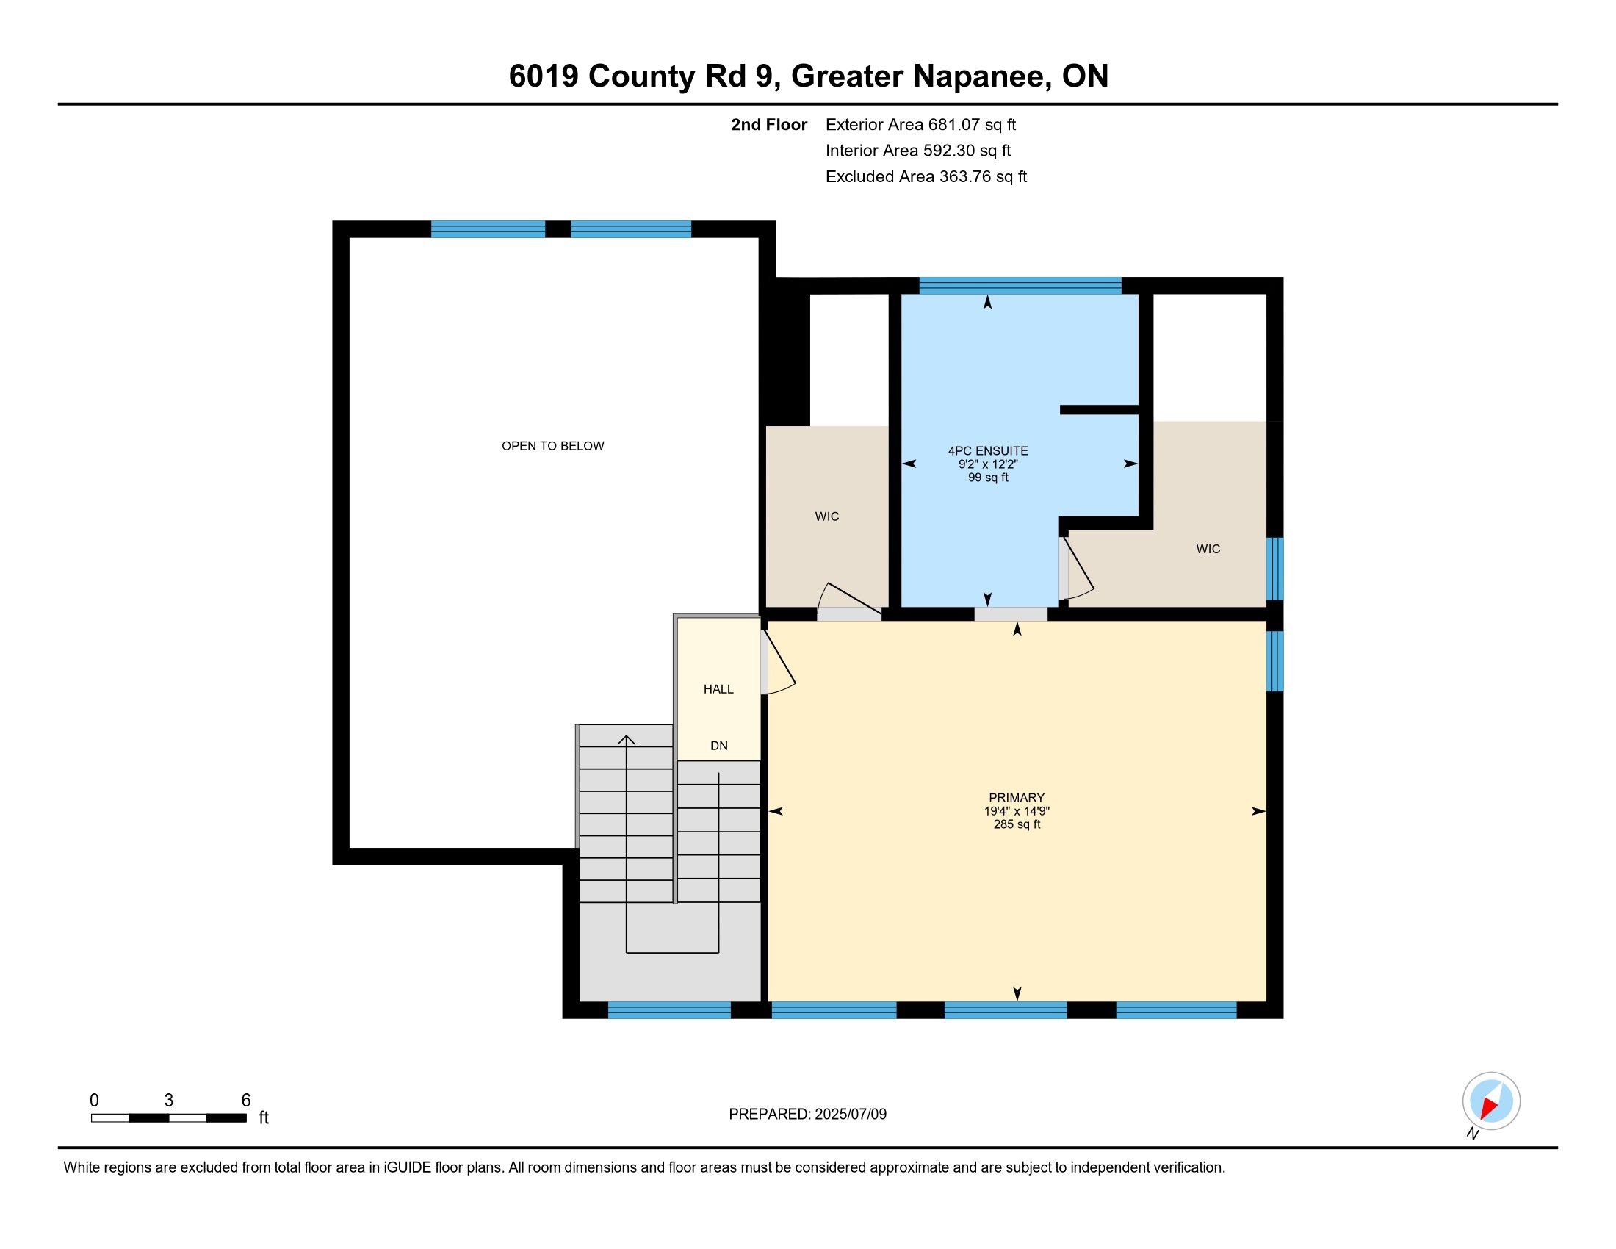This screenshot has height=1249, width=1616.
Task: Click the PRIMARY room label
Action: pyautogui.click(x=1016, y=798)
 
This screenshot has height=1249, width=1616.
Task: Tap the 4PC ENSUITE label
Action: pyautogui.click(x=988, y=450)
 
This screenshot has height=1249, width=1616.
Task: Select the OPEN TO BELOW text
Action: pyautogui.click(x=552, y=446)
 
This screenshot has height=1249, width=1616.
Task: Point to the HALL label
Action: pyautogui.click(x=718, y=690)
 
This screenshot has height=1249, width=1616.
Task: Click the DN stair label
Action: pyautogui.click(x=719, y=746)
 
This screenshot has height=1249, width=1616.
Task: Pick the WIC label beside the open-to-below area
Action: pyautogui.click(x=827, y=516)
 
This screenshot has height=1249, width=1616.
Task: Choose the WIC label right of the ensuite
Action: pyautogui.click(x=1208, y=549)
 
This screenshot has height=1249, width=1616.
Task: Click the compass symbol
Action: pyautogui.click(x=1491, y=1101)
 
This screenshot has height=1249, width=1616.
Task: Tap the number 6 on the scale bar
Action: pyautogui.click(x=246, y=1101)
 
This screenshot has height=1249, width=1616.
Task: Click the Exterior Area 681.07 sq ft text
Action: pyautogui.click(x=920, y=125)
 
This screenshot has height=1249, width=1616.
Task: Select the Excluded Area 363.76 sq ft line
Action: pyautogui.click(x=926, y=177)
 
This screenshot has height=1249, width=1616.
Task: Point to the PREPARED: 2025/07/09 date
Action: pyautogui.click(x=807, y=1115)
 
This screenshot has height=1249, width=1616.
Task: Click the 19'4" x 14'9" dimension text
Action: pyautogui.click(x=1017, y=811)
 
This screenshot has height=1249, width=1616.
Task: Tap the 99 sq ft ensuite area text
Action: pyautogui.click(x=988, y=478)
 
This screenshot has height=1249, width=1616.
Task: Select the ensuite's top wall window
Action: pyautogui.click(x=1020, y=286)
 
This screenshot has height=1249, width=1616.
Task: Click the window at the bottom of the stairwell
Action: pyautogui.click(x=670, y=1010)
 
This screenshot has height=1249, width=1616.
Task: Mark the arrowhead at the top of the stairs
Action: pyautogui.click(x=627, y=740)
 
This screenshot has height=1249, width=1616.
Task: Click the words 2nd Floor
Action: pyautogui.click(x=769, y=125)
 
